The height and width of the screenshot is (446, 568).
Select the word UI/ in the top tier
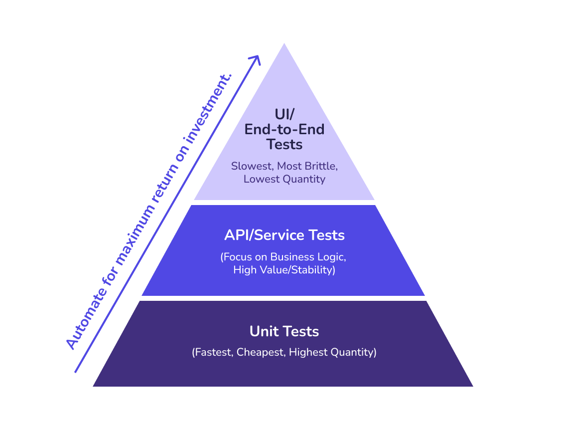pos(284,114)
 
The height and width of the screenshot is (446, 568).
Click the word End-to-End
pos(284,129)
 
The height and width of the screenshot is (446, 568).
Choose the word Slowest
pos(252,166)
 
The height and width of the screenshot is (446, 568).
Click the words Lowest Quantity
pos(284,179)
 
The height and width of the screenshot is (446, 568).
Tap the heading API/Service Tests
pos(284,235)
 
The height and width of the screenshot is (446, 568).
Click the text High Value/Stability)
pos(284,270)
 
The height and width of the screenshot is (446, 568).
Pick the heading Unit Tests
pos(284,331)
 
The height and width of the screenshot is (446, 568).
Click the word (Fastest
pos(213,352)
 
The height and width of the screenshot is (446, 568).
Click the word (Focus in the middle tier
pos(237,257)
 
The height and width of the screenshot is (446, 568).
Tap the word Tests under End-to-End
pos(284,145)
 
